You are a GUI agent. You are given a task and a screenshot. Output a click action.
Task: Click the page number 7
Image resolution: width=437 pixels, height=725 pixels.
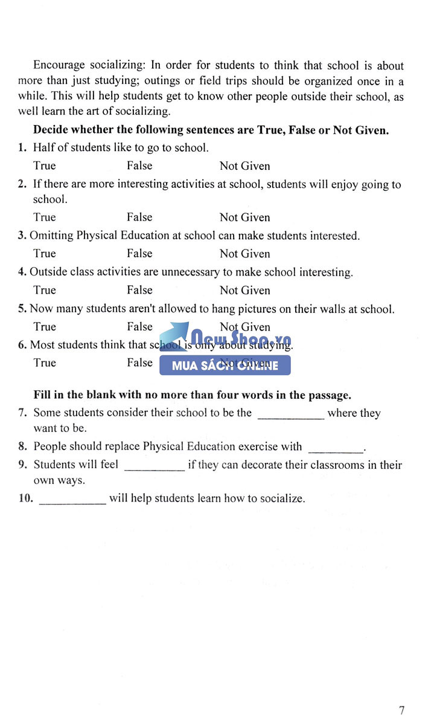[x=402, y=710]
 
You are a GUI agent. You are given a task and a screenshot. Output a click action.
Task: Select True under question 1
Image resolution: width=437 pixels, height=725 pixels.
[x=44, y=166]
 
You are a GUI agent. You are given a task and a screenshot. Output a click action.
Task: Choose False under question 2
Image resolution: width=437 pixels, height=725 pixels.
[x=139, y=217]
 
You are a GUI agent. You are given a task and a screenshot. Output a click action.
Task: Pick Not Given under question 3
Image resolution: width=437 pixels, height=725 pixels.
[x=244, y=254]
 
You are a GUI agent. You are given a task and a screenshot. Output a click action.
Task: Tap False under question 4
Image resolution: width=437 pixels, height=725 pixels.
[x=139, y=290]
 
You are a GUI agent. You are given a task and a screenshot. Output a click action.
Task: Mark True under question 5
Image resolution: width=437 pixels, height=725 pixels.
[x=44, y=327]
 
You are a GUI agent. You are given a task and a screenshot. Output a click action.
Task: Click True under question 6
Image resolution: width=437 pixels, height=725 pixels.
[x=44, y=363]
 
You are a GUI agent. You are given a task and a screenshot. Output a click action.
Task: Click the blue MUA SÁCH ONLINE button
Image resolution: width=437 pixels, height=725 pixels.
[x=225, y=366]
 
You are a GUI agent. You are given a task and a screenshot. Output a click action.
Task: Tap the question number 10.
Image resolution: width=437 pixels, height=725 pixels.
[x=25, y=499]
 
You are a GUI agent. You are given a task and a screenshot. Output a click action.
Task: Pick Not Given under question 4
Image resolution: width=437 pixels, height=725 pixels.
[x=244, y=290]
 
